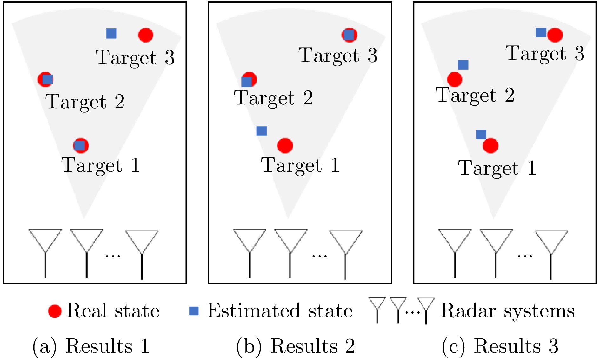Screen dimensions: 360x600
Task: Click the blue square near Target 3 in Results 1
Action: tap(111, 33)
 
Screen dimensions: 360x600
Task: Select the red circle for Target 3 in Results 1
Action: tap(146, 35)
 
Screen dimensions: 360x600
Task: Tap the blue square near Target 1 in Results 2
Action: tap(261, 131)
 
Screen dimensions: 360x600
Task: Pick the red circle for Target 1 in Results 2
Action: tap(285, 146)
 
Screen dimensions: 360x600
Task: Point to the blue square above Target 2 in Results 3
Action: tap(463, 65)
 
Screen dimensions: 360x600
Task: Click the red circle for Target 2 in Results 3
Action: tap(454, 79)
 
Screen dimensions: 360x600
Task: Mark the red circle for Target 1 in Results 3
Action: tap(490, 146)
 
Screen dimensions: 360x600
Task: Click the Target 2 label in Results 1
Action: tap(85, 102)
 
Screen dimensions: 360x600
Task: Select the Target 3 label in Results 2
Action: tap(338, 55)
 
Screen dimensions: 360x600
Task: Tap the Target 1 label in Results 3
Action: tap(497, 168)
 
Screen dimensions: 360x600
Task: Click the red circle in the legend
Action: tap(55, 311)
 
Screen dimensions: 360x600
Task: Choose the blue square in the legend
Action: tap(194, 311)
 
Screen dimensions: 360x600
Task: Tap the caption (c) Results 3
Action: tap(500, 346)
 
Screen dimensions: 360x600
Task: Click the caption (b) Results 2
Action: tap(296, 346)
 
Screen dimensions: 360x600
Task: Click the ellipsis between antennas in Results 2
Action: tap(319, 256)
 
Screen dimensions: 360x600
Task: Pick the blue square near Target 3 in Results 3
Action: tap(541, 32)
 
